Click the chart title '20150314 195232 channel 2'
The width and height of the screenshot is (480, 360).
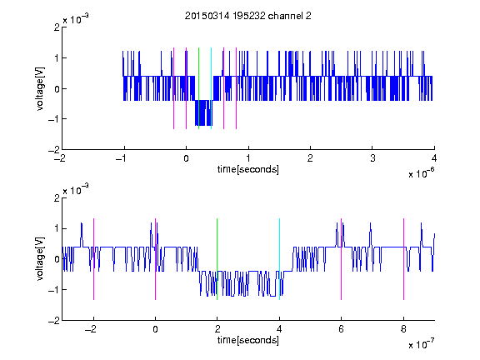point(248,16)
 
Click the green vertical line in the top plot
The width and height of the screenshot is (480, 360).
point(198,88)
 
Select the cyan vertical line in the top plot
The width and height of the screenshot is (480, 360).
point(211,88)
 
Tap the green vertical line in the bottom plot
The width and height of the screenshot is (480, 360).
point(217,259)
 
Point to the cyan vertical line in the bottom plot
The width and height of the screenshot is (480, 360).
point(279,259)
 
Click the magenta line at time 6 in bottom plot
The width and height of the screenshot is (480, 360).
point(342,259)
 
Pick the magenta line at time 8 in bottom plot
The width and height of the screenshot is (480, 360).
point(404,259)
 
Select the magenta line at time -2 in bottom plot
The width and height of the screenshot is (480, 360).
point(93,259)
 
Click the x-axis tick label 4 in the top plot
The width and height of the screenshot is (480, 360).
point(434,158)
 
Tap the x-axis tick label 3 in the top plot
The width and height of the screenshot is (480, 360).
point(372,158)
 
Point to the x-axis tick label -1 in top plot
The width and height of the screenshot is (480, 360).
point(122,158)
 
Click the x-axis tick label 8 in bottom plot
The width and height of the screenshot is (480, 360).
point(403,329)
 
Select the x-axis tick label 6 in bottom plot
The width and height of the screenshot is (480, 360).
point(342,329)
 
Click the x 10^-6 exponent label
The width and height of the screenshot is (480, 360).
point(421,173)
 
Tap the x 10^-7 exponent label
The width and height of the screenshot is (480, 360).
point(421,344)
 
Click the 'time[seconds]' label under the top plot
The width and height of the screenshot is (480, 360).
point(248,169)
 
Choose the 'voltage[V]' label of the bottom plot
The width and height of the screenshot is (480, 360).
point(40,259)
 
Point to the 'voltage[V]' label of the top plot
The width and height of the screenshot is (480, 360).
point(40,88)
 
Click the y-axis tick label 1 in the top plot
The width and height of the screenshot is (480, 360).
point(57,57)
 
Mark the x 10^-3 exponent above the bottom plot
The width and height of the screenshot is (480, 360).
point(76,190)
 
